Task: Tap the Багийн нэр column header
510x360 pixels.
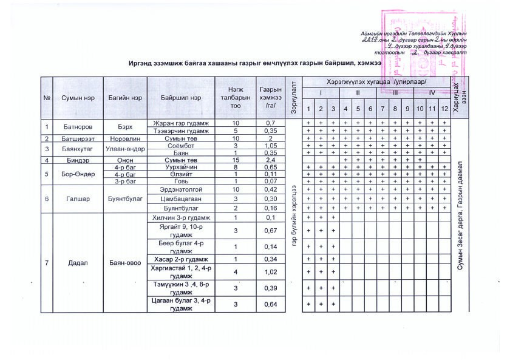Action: pos(126,98)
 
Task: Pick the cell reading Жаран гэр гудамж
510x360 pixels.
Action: pos(181,123)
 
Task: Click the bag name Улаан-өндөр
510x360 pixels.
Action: pos(125,149)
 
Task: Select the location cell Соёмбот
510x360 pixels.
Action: pos(181,146)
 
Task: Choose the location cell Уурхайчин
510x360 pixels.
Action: pos(181,167)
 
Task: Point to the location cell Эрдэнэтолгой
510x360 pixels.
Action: pos(181,189)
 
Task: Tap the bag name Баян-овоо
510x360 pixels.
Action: pos(125,263)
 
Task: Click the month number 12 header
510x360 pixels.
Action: pos(444,108)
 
